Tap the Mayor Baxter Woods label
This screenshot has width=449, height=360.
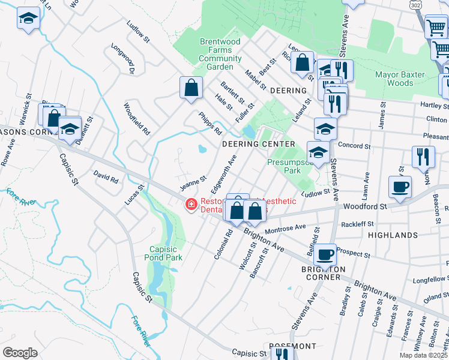[x=399, y=79]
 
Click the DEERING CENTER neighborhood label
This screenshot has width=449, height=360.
[x=259, y=144]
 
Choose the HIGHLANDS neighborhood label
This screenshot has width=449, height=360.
[x=393, y=235]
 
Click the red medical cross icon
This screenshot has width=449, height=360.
[x=191, y=205]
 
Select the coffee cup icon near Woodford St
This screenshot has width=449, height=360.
[x=400, y=187]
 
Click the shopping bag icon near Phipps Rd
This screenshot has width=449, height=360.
[x=190, y=88]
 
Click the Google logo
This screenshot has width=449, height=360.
[x=19, y=353]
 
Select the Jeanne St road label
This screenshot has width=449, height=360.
[x=194, y=183]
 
